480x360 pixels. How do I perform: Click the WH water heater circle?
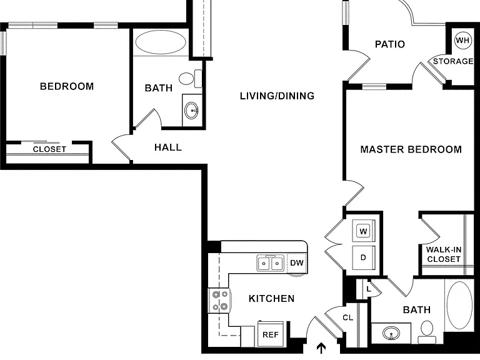(462, 40)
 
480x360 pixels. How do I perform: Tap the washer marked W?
(363, 231)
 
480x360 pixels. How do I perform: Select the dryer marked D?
(363, 257)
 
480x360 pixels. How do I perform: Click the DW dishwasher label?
(297, 262)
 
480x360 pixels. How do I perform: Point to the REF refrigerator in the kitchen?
(271, 334)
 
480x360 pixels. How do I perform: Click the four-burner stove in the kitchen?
(219, 300)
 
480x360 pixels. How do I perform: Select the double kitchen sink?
(270, 263)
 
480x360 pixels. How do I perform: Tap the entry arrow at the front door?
(321, 348)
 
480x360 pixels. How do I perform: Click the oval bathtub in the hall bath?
(161, 42)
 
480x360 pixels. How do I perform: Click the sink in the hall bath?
(192, 110)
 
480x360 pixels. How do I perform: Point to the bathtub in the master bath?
(459, 305)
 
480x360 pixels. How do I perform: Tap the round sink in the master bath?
(391, 332)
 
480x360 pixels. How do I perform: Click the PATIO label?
(390, 44)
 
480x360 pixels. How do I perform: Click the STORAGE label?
(453, 61)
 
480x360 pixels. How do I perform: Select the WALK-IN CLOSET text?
(444, 254)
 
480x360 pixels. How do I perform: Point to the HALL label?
(168, 147)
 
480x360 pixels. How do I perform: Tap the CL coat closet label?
(347, 317)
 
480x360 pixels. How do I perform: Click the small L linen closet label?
(369, 289)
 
